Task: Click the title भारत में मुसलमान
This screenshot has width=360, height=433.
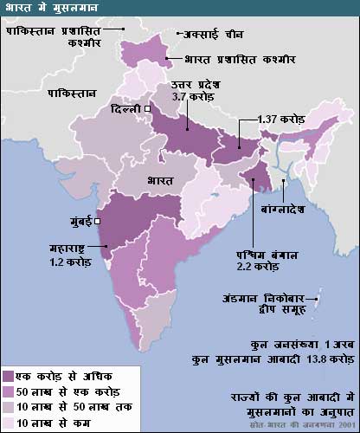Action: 45,8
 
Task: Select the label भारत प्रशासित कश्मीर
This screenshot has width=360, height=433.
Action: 235,61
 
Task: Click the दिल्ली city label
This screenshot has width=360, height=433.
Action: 126,109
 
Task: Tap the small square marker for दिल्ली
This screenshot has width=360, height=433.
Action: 148,109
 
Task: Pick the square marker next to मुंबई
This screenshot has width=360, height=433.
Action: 98,221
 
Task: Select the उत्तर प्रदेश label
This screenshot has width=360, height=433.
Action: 198,83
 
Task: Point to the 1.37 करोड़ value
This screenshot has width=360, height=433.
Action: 284,118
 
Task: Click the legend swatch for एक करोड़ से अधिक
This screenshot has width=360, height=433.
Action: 9,377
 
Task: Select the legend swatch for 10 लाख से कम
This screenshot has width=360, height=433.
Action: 9,422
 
